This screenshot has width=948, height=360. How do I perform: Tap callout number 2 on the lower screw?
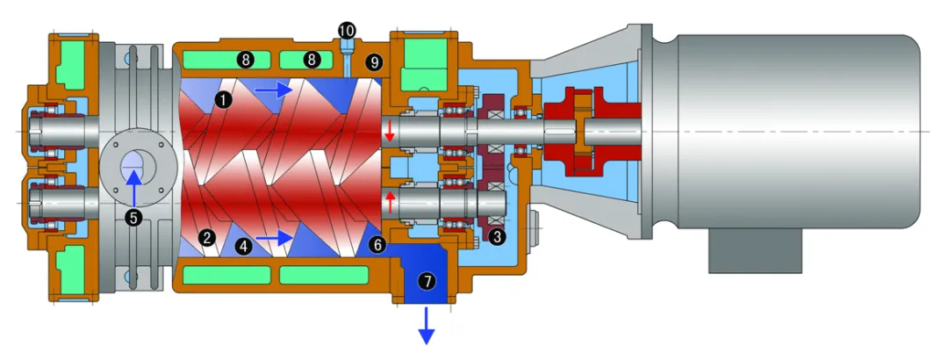(x=207, y=237)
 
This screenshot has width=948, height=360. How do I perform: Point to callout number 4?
(x=244, y=248)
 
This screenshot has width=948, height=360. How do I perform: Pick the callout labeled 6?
(x=377, y=245)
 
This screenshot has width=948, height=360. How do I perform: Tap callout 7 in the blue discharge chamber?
(x=427, y=281)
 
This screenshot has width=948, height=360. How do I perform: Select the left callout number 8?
(x=245, y=61)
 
